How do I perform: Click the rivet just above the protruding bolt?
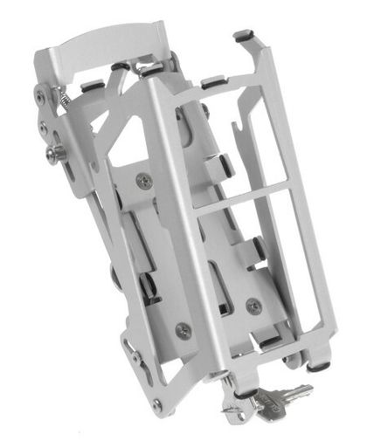pos(44,128)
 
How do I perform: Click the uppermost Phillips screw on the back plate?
pos(145,181)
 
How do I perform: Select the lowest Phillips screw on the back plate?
pos(183,330)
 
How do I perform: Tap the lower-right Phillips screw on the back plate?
pos(253,305)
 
